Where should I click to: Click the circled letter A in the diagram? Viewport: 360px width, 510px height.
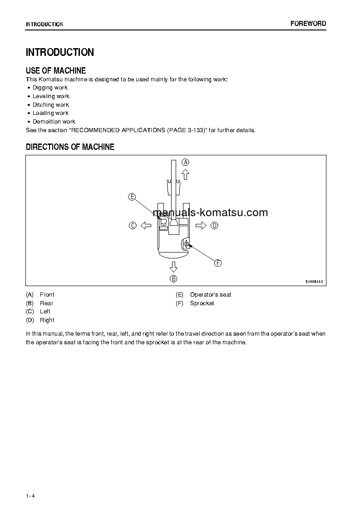pos(185,162)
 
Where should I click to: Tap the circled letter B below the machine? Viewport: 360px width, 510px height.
pos(173,278)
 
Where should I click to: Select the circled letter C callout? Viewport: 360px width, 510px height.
pos(133,225)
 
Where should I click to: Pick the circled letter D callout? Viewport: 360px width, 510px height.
pos(214,225)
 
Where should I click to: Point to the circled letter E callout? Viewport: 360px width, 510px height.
pos(132,197)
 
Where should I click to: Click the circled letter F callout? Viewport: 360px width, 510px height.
pos(217,263)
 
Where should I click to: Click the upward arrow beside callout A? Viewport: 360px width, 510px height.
pos(185,174)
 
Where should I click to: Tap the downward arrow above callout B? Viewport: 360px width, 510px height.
pos(173,267)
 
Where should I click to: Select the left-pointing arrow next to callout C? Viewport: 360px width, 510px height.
pos(145,225)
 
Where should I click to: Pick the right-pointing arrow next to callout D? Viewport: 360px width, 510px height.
pos(201,225)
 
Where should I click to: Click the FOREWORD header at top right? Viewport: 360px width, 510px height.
pos(308,24)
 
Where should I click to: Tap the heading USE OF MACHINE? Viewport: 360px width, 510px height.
pos(56,70)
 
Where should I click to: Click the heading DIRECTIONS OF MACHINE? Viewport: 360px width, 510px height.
pos(70,147)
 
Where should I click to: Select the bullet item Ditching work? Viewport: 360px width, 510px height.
pos(50,105)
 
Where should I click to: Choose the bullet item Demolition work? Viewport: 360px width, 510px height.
pos(54,122)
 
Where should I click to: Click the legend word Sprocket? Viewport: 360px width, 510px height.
pos(202,303)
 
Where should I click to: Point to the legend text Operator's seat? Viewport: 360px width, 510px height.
pos(211,295)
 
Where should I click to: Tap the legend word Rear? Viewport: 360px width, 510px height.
pos(46,303)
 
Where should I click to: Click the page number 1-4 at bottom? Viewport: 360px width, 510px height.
pos(30,495)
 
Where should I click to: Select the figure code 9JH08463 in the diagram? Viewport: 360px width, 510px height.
pos(314,282)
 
